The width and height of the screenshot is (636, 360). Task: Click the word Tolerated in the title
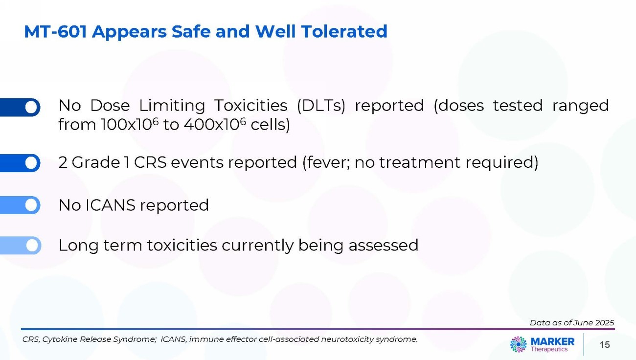point(344,31)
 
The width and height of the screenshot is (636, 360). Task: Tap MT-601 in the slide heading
point(55,31)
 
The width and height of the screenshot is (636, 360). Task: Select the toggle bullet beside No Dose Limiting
point(20,107)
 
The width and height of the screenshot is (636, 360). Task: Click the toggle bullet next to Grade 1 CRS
point(20,163)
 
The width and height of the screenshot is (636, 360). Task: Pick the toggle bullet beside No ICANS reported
point(20,205)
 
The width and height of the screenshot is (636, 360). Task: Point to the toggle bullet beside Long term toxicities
point(21,246)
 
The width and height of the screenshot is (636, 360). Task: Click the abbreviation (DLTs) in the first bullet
point(321,106)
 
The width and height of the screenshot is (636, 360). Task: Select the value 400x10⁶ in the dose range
point(215,124)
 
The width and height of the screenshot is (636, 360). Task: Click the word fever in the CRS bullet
point(326,162)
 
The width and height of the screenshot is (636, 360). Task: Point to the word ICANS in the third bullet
point(111,205)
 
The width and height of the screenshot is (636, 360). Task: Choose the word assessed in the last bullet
point(384,246)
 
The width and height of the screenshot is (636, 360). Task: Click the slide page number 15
point(605,345)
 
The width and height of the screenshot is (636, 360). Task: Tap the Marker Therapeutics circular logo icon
point(519,344)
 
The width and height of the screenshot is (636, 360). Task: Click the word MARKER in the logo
point(552,341)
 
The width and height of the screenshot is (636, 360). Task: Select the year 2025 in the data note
point(605,322)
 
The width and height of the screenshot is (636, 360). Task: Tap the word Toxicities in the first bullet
point(250,106)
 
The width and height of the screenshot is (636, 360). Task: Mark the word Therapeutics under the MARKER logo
point(549,349)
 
